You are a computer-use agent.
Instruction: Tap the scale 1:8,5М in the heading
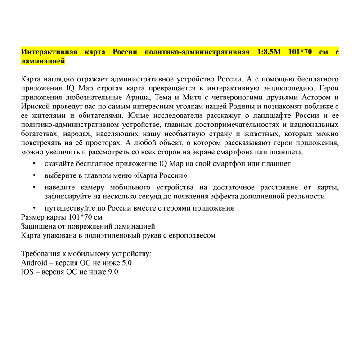coord(269,52)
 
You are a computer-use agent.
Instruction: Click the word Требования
coord(43,253)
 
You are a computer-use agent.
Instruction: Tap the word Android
coord(34,262)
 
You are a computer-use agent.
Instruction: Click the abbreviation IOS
coord(27,271)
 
